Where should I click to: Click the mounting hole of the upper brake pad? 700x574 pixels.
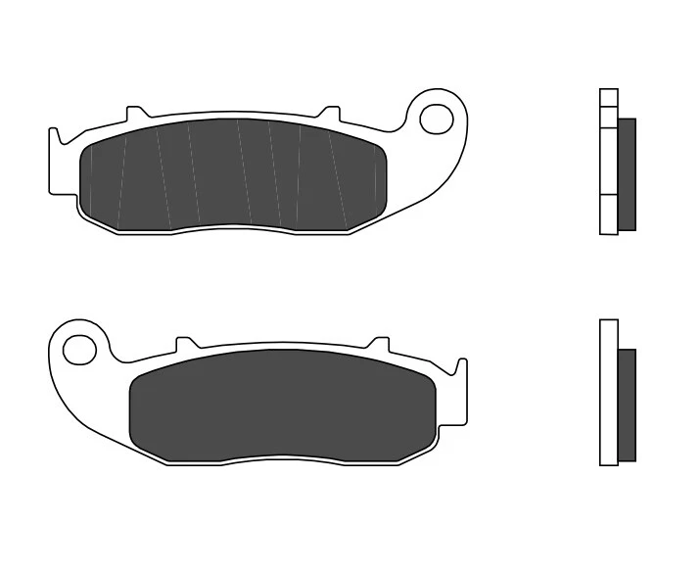[433, 118]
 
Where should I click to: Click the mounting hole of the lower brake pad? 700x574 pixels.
[76, 348]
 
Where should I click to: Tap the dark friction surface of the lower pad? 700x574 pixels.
[282, 405]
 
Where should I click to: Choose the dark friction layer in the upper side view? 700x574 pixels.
[627, 174]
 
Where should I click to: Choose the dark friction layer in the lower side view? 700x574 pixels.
[627, 406]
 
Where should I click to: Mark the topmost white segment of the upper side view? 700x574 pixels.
[608, 97]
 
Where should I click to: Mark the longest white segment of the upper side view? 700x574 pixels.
[608, 159]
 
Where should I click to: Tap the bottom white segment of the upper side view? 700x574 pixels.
[608, 215]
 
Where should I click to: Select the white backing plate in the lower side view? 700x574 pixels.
[608, 392]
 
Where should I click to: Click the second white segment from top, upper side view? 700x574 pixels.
[608, 114]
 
